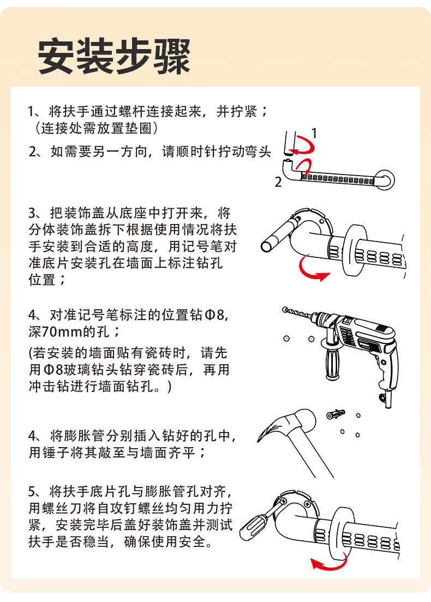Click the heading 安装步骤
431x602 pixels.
(114, 56)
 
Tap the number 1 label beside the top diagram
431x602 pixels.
(314, 133)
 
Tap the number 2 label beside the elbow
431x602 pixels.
(278, 182)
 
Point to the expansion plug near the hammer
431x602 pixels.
(336, 414)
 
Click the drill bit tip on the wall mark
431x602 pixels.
(285, 309)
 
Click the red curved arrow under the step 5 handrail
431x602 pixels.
(328, 563)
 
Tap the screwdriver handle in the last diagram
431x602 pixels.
(252, 528)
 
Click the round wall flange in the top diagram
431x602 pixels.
(385, 179)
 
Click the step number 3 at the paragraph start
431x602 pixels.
(32, 213)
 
